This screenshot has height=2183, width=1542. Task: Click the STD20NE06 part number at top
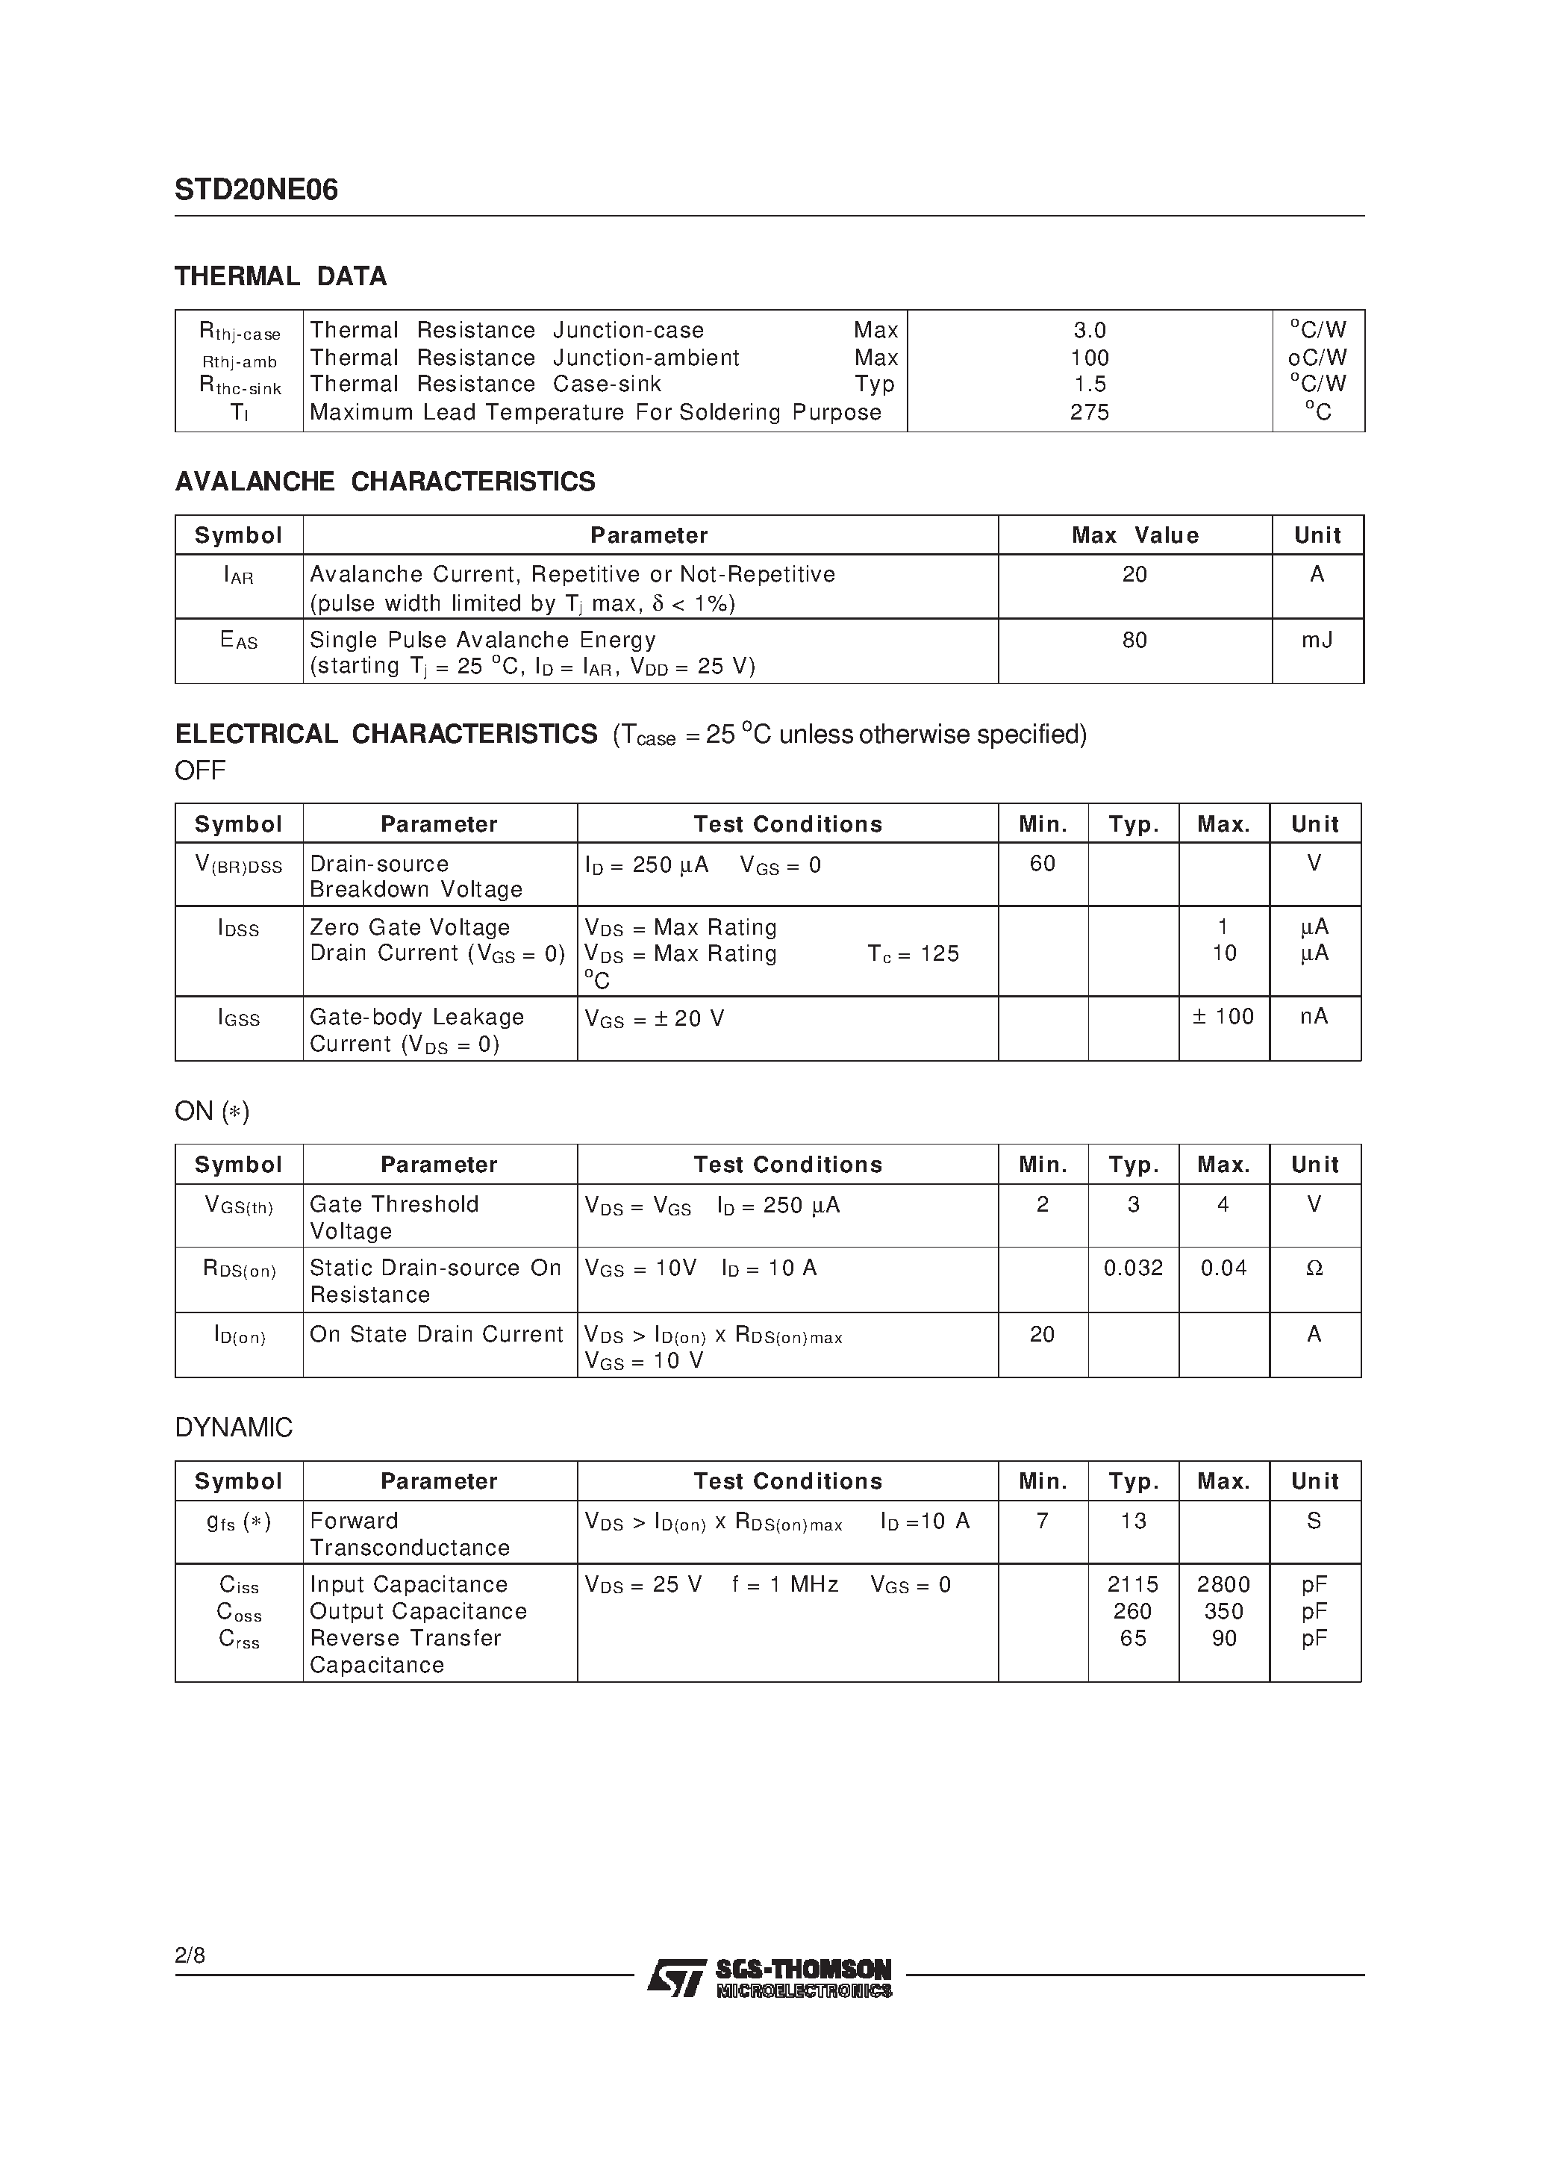point(256,190)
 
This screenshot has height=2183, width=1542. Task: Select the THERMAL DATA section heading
point(281,277)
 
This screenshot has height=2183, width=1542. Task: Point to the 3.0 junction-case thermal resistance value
point(1090,330)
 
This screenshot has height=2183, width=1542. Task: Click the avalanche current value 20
point(1134,574)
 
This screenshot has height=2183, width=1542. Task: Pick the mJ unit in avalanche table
point(1317,640)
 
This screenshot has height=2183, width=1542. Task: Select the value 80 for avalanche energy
point(1134,640)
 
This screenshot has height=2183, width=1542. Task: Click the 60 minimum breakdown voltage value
point(1042,863)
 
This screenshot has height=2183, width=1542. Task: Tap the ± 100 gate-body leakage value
point(1223,1016)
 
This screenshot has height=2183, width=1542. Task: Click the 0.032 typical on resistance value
point(1133,1268)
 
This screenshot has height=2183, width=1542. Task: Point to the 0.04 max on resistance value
point(1223,1268)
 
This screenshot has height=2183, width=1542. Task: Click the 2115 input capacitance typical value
point(1133,1584)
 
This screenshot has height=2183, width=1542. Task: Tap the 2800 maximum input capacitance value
point(1223,1584)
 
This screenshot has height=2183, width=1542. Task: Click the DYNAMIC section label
point(234,1427)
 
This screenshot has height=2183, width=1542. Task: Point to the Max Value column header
point(1134,535)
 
